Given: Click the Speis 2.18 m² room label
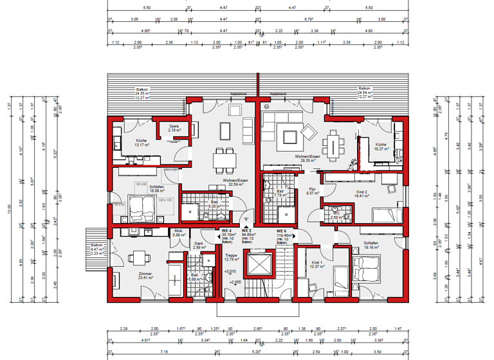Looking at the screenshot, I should [x=174, y=128].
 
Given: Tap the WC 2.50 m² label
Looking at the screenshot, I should [x=335, y=216].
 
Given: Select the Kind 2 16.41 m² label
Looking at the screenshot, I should [x=362, y=194].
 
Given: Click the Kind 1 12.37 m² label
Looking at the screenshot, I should [x=316, y=265].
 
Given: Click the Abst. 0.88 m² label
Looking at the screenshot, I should [x=178, y=233].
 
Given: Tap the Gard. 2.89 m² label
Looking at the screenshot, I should [x=199, y=246].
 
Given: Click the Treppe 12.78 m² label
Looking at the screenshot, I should [x=231, y=257].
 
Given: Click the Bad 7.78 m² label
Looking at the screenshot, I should [x=280, y=194].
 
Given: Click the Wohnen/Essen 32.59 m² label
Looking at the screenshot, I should [x=236, y=183].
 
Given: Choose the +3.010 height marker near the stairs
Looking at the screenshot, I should [x=229, y=273].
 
